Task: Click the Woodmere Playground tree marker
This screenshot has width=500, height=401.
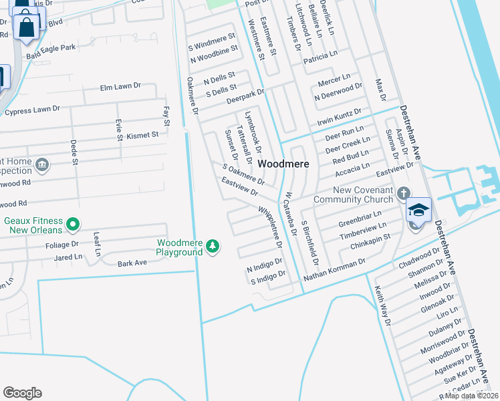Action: point(213,247)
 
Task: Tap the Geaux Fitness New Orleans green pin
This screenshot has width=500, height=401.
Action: point(74,223)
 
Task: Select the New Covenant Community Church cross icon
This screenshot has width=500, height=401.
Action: point(402,193)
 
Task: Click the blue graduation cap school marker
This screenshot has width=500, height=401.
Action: point(418,210)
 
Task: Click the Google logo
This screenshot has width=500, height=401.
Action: point(22,393)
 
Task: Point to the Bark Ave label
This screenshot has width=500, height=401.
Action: point(132,263)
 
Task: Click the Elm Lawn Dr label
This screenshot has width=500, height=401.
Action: point(120,86)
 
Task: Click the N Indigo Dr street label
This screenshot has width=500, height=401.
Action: point(265,265)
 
